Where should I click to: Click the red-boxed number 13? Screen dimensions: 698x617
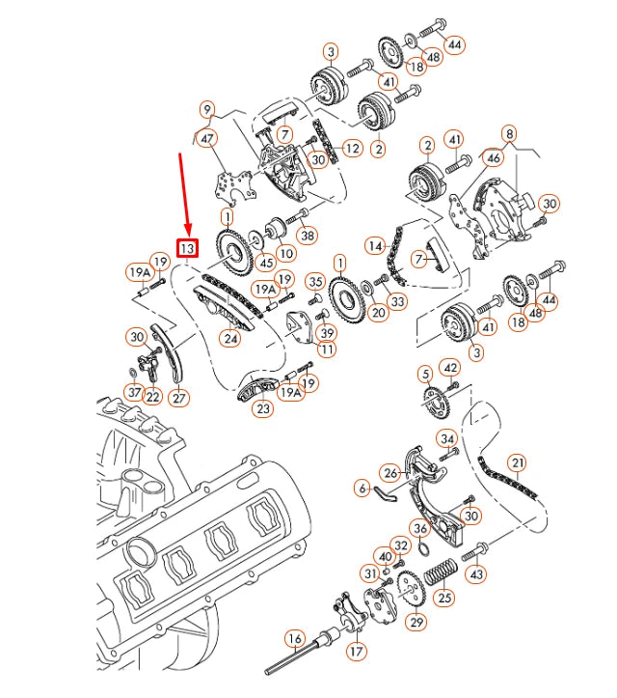[x=187, y=248]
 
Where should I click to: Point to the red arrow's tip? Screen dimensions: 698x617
[x=185, y=233]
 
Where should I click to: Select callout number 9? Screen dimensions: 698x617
[x=207, y=109]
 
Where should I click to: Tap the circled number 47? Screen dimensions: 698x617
[x=207, y=140]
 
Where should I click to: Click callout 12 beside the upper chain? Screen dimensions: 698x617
[x=353, y=149]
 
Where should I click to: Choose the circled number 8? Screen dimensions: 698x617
[x=509, y=132]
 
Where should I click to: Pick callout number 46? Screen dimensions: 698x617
[x=493, y=155]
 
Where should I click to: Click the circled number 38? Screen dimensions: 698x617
[x=308, y=234]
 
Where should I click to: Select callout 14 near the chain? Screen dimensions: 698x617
[x=374, y=246]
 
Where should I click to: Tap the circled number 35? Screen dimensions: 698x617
[x=315, y=282]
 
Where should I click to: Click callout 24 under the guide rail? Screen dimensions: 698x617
[x=229, y=339]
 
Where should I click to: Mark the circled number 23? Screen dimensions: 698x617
[x=263, y=408]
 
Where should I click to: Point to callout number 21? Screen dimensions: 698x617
[x=518, y=464]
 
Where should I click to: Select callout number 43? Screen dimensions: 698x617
[x=474, y=573]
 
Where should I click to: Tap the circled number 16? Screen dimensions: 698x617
[x=295, y=638]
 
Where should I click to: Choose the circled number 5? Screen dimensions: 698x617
[x=424, y=374]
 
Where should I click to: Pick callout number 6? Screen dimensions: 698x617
[x=362, y=489]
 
